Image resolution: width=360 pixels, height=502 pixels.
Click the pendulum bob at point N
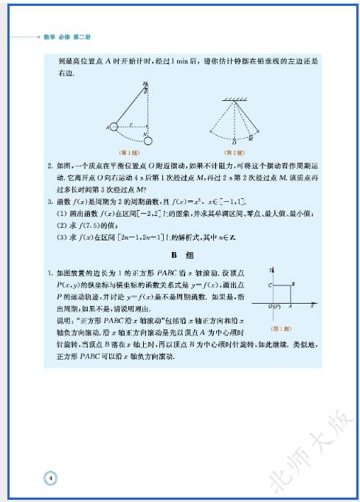tap(148, 141)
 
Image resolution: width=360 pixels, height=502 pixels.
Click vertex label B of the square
tap(294, 284)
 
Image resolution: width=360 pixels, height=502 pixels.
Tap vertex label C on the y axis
tap(269, 284)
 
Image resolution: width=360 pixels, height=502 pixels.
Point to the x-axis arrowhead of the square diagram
tap(315, 302)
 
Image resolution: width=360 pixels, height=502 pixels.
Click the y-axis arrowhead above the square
tap(274, 268)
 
